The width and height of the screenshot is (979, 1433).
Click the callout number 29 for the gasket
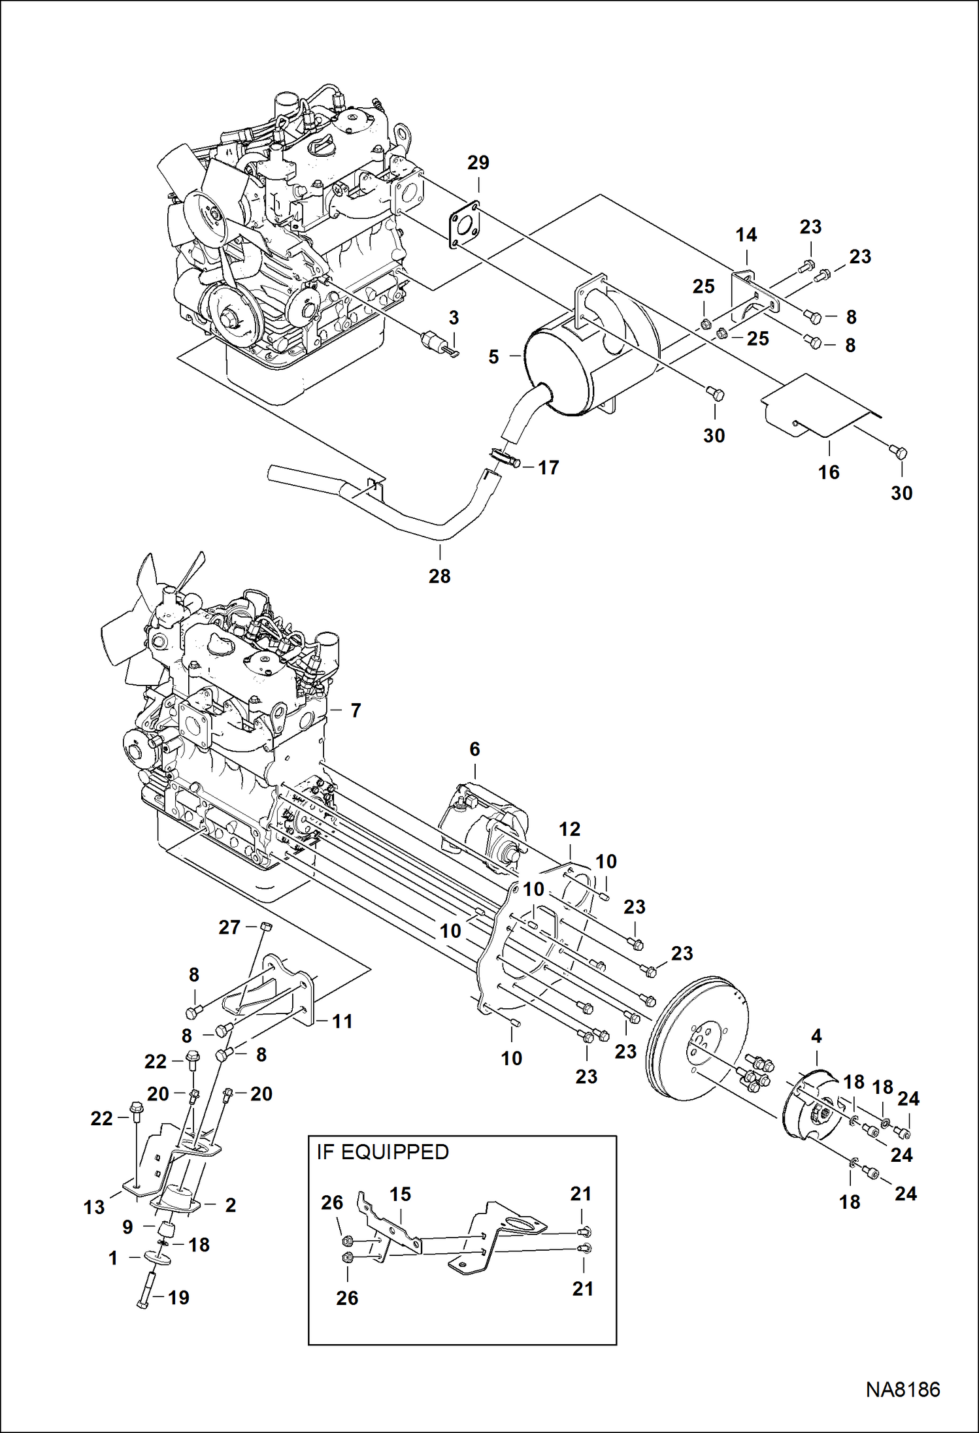click(478, 163)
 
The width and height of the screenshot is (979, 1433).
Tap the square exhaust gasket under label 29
click(465, 226)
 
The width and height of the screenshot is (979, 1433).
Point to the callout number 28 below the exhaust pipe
click(439, 576)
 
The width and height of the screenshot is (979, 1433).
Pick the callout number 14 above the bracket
click(746, 235)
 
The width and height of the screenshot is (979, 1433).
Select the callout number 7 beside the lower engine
click(356, 710)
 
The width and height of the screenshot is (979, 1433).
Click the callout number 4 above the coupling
click(816, 1036)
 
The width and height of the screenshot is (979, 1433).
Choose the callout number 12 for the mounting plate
click(569, 829)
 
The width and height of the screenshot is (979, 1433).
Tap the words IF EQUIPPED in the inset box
click(383, 1152)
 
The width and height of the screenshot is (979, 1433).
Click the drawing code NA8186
click(903, 1389)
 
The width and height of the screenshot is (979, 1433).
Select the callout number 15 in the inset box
click(400, 1194)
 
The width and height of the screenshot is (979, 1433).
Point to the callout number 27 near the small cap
click(229, 927)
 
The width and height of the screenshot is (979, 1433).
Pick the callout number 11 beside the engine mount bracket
click(342, 1021)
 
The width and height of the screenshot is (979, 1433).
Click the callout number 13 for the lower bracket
click(94, 1208)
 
